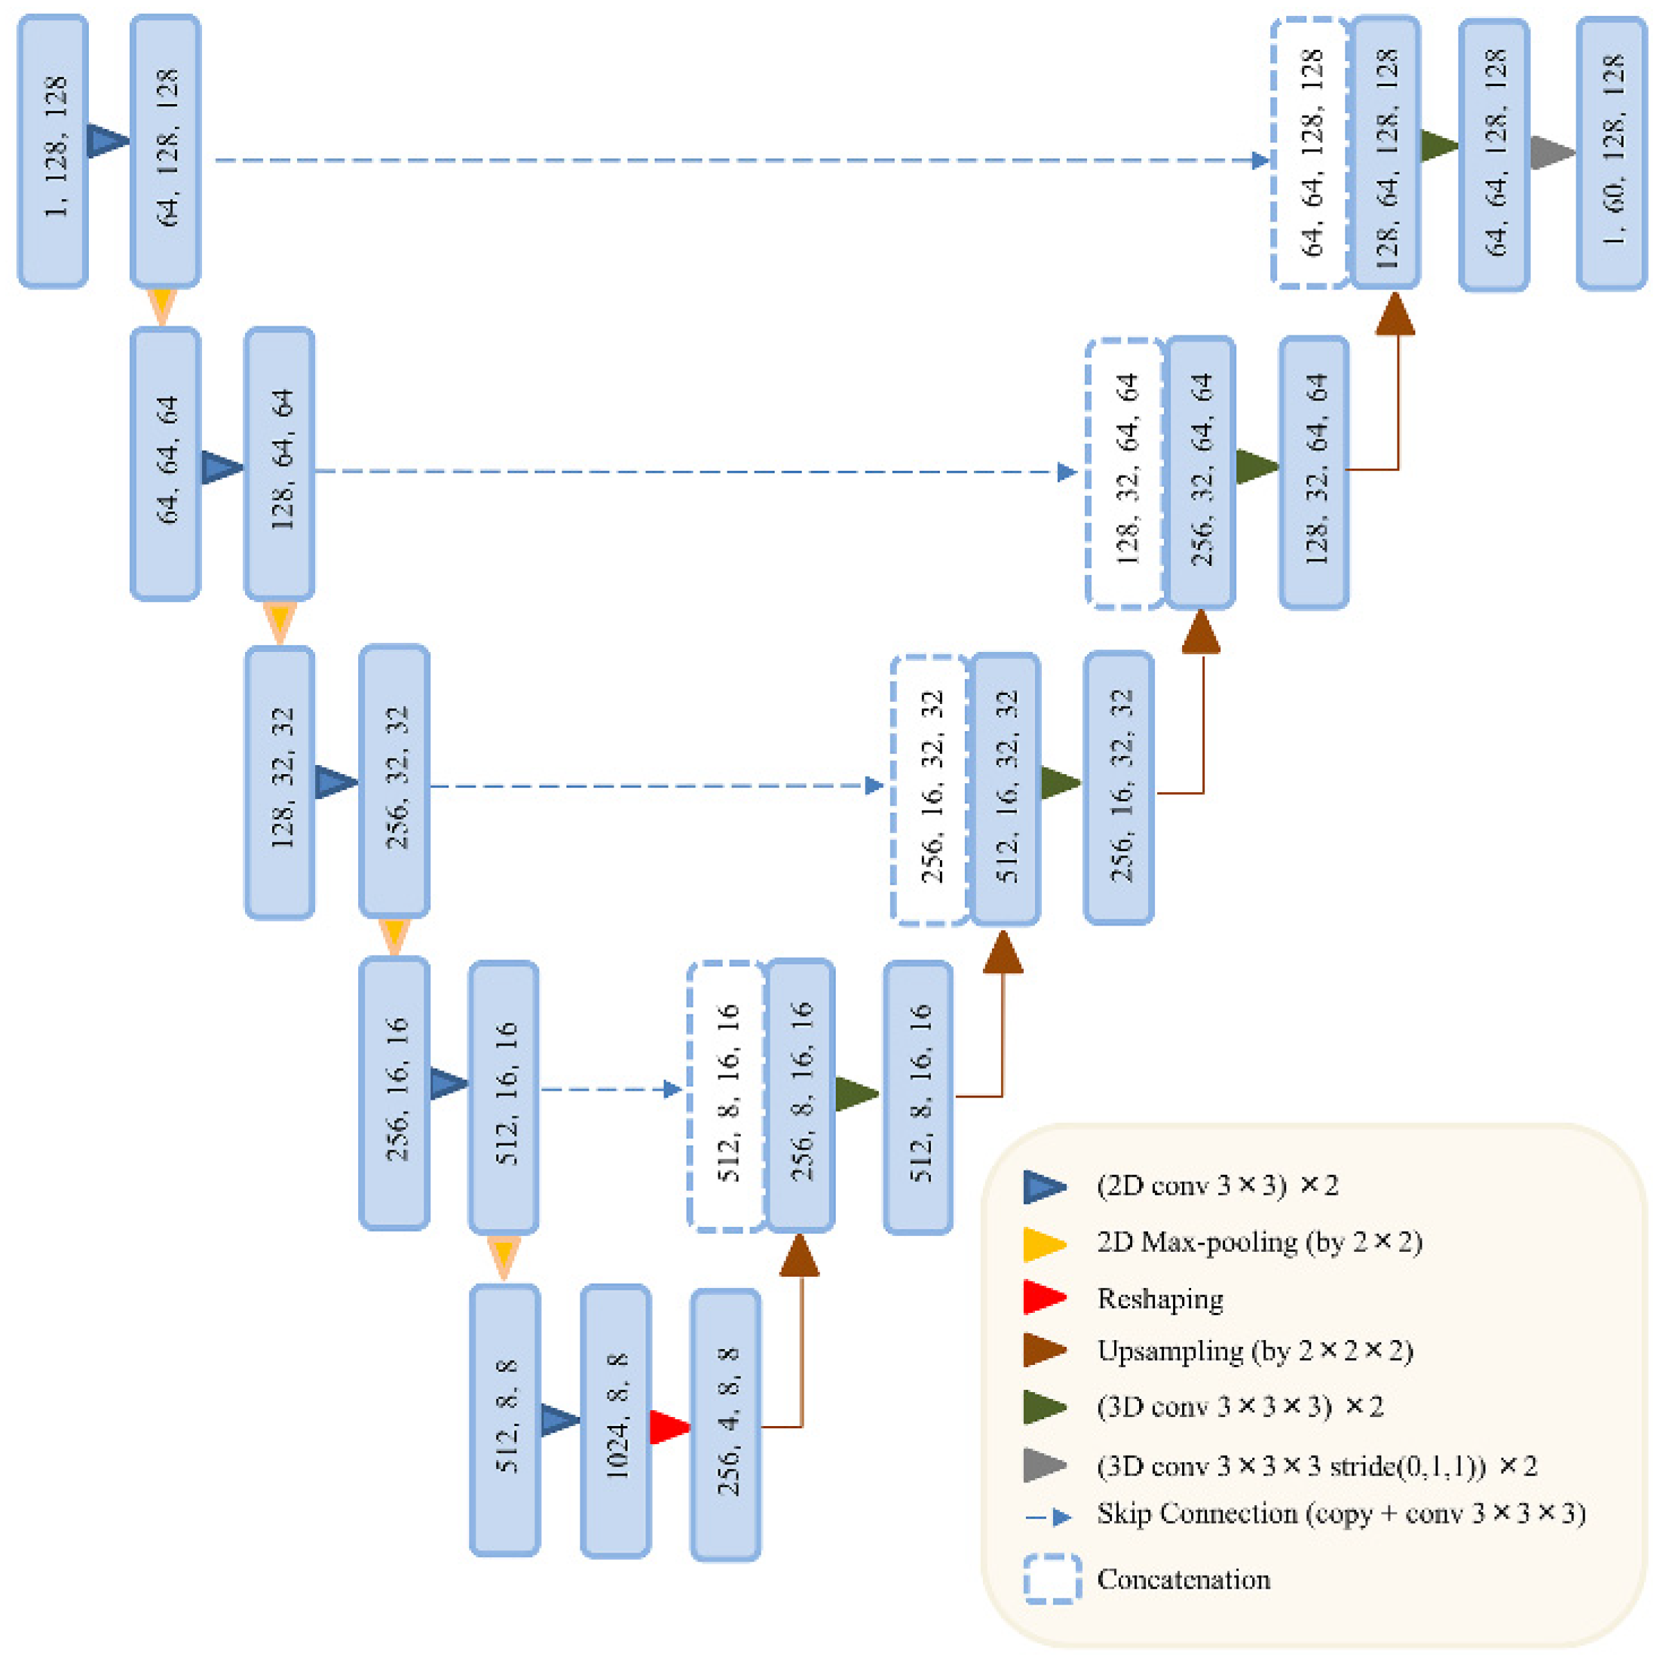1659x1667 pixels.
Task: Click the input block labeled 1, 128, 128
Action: click(53, 151)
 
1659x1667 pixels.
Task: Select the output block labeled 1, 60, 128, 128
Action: click(1610, 153)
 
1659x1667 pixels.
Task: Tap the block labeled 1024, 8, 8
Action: click(615, 1421)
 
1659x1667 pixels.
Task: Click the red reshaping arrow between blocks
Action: click(668, 1427)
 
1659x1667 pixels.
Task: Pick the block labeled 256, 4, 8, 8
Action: click(725, 1425)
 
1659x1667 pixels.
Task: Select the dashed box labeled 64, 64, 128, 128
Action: click(1310, 153)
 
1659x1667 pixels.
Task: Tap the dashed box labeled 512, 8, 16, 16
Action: click(726, 1096)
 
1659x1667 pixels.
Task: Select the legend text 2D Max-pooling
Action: click(1258, 1243)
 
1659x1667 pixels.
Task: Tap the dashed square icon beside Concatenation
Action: click(1052, 1579)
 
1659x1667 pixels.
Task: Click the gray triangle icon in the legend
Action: click(1044, 1465)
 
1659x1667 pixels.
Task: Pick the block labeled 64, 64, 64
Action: click(165, 463)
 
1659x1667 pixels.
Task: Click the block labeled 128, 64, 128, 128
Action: click(1385, 153)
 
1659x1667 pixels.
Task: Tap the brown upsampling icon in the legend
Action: click(1044, 1350)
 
